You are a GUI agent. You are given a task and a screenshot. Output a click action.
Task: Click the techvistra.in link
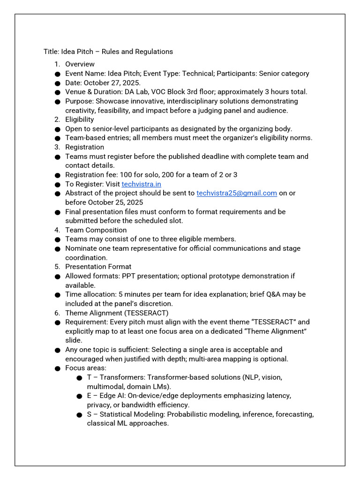[x=141, y=184]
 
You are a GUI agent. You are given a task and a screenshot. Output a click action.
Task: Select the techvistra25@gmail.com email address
[x=237, y=193]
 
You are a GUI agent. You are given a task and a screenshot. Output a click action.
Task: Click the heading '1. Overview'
[x=80, y=64]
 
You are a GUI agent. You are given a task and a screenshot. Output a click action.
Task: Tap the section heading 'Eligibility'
[x=79, y=120]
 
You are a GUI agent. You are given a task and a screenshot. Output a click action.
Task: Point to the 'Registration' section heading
[x=84, y=147]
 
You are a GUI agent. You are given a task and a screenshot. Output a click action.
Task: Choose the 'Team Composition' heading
[x=96, y=230]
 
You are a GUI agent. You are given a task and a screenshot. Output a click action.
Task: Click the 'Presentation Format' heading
[x=98, y=267]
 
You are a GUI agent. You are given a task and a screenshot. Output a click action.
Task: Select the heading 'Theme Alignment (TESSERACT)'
[x=116, y=313]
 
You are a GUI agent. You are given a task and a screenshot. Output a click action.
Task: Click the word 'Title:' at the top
[x=52, y=52]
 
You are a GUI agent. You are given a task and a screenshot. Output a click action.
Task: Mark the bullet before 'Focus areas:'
[x=57, y=368]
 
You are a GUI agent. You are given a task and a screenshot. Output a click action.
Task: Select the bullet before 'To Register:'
[x=57, y=185]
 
